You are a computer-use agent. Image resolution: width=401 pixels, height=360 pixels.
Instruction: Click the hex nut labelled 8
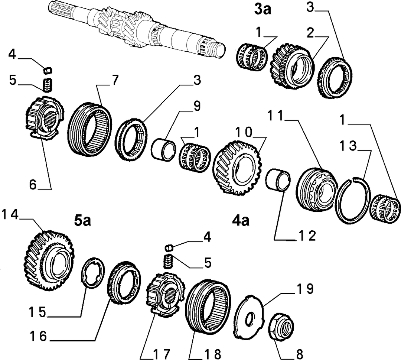click(x=282, y=326)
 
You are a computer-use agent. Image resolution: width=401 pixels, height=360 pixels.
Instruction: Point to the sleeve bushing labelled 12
click(x=278, y=179)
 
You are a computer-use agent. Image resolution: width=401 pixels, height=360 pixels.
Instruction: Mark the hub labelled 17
click(x=166, y=295)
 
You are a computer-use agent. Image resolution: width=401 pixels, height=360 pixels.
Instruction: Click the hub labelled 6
click(x=45, y=119)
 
